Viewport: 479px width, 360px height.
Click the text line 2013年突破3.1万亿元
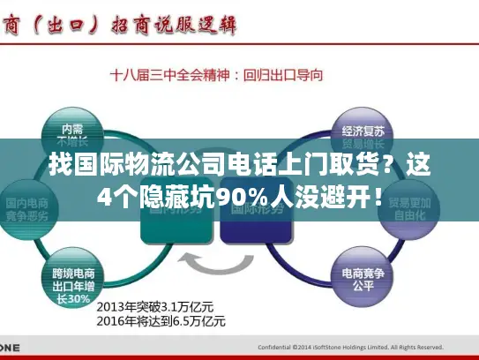click(154, 305)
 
